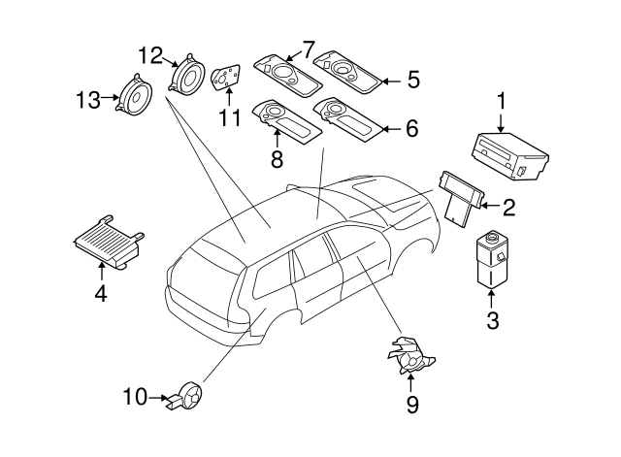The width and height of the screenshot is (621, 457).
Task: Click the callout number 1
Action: [x=502, y=100]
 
